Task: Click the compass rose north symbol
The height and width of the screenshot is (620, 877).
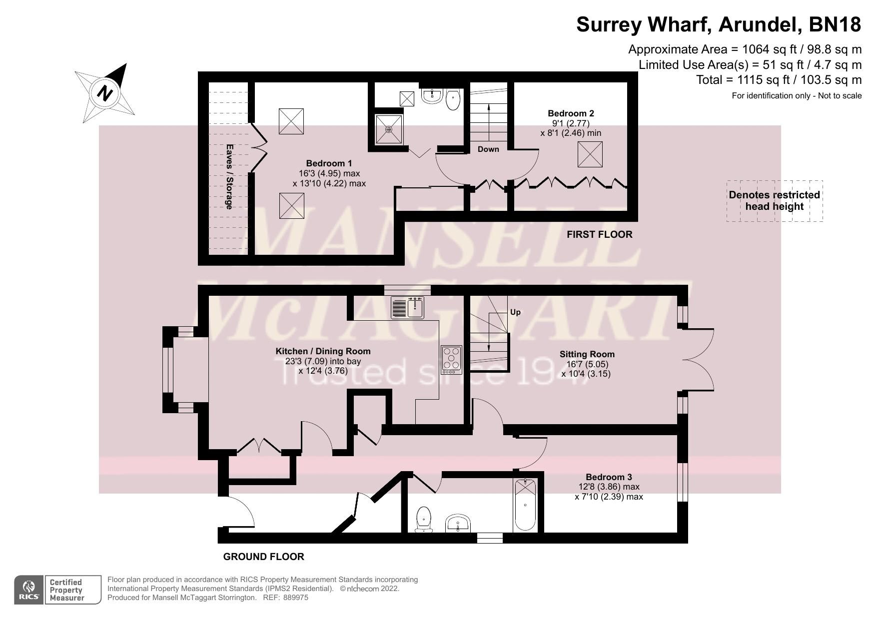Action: tap(105, 93)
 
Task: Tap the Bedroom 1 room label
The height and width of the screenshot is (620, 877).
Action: tap(329, 163)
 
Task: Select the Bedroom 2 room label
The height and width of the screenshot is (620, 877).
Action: tap(571, 113)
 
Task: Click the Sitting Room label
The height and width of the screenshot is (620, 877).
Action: tap(587, 354)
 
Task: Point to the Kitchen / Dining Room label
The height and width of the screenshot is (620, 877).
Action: tap(323, 351)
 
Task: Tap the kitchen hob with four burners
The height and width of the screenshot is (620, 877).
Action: tap(451, 360)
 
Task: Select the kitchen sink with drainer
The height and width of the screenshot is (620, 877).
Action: tap(407, 307)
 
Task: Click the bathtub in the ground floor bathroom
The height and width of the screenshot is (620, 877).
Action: tap(525, 505)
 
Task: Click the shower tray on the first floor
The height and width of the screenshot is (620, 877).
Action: tap(389, 129)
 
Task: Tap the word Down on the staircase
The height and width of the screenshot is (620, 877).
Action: tap(488, 149)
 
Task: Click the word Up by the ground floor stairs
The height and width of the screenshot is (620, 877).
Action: tap(515, 312)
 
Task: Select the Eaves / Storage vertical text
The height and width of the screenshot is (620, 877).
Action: tap(229, 177)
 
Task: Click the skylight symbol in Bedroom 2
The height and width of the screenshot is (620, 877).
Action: tap(590, 154)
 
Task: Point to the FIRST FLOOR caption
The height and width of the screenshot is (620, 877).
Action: tap(599, 234)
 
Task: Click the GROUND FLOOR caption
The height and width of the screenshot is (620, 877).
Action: tap(263, 557)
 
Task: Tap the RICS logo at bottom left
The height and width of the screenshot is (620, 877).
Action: tap(29, 590)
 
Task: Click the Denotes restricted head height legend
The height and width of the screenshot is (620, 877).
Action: tap(774, 201)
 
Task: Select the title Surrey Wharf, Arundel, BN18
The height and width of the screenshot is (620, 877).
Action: tap(718, 24)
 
